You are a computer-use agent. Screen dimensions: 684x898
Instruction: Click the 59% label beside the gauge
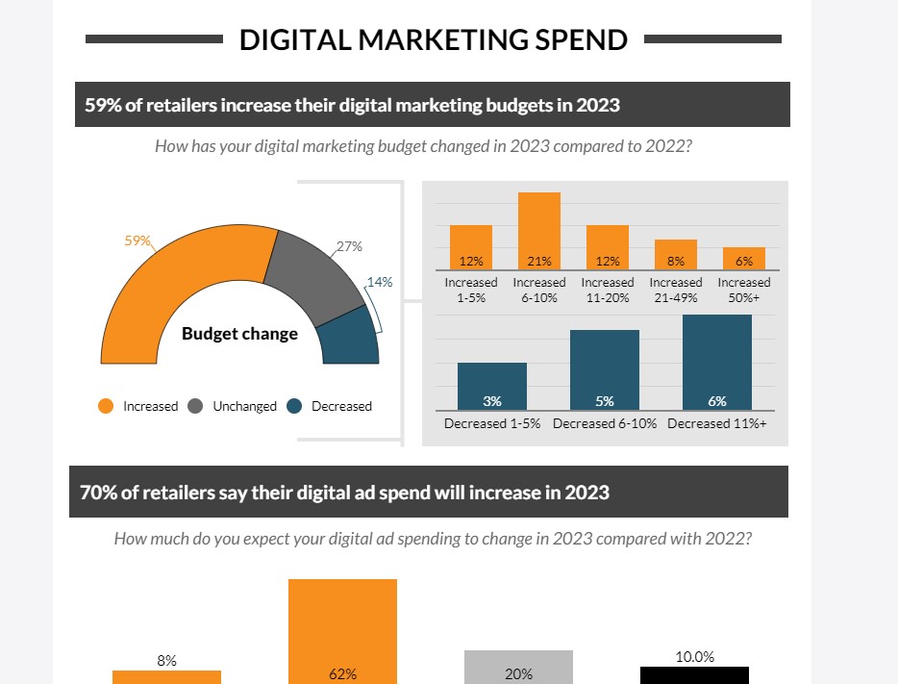click(x=138, y=241)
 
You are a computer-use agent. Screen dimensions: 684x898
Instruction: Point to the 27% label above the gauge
click(x=349, y=246)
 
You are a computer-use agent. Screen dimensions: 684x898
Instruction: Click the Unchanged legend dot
click(x=195, y=406)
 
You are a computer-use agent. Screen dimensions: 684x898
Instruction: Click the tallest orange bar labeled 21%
click(x=539, y=226)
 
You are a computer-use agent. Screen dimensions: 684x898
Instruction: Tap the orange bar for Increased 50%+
click(x=744, y=258)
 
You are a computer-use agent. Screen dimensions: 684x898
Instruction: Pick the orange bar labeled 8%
click(x=676, y=253)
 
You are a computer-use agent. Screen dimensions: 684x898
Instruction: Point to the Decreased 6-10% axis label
click(x=605, y=423)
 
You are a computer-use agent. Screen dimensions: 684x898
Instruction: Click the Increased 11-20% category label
click(x=608, y=289)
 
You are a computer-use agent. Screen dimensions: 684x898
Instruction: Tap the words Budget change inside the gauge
click(x=239, y=334)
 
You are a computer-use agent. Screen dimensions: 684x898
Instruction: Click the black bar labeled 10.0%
click(x=694, y=674)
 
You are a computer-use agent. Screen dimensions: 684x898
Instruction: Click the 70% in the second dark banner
click(x=95, y=492)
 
